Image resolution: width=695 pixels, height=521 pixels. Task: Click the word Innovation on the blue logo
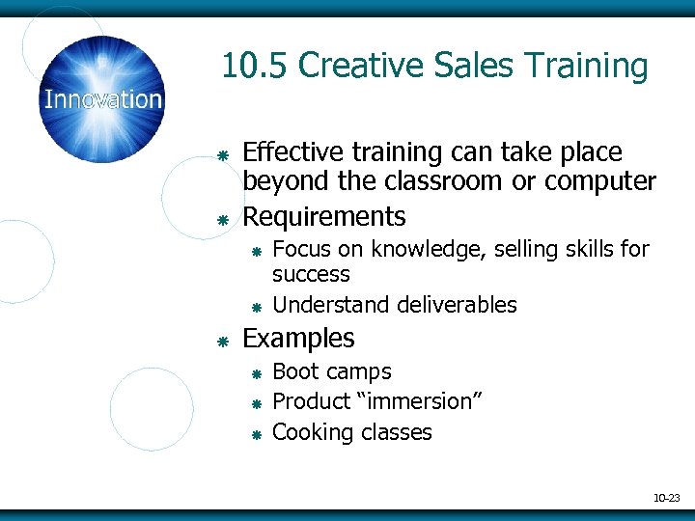point(103,99)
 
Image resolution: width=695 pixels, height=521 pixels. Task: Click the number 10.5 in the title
point(255,67)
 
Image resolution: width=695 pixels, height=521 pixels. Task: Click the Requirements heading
point(324,216)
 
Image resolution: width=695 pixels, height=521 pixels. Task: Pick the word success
point(311,274)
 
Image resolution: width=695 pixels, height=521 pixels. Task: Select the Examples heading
point(298,339)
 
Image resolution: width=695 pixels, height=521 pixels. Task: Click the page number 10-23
point(666,498)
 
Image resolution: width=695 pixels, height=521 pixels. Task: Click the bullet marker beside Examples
point(221,342)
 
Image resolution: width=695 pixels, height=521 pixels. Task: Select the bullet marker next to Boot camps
point(257,373)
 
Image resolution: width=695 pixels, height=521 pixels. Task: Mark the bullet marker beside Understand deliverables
point(257,308)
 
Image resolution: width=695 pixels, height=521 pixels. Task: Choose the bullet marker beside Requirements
point(221,220)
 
